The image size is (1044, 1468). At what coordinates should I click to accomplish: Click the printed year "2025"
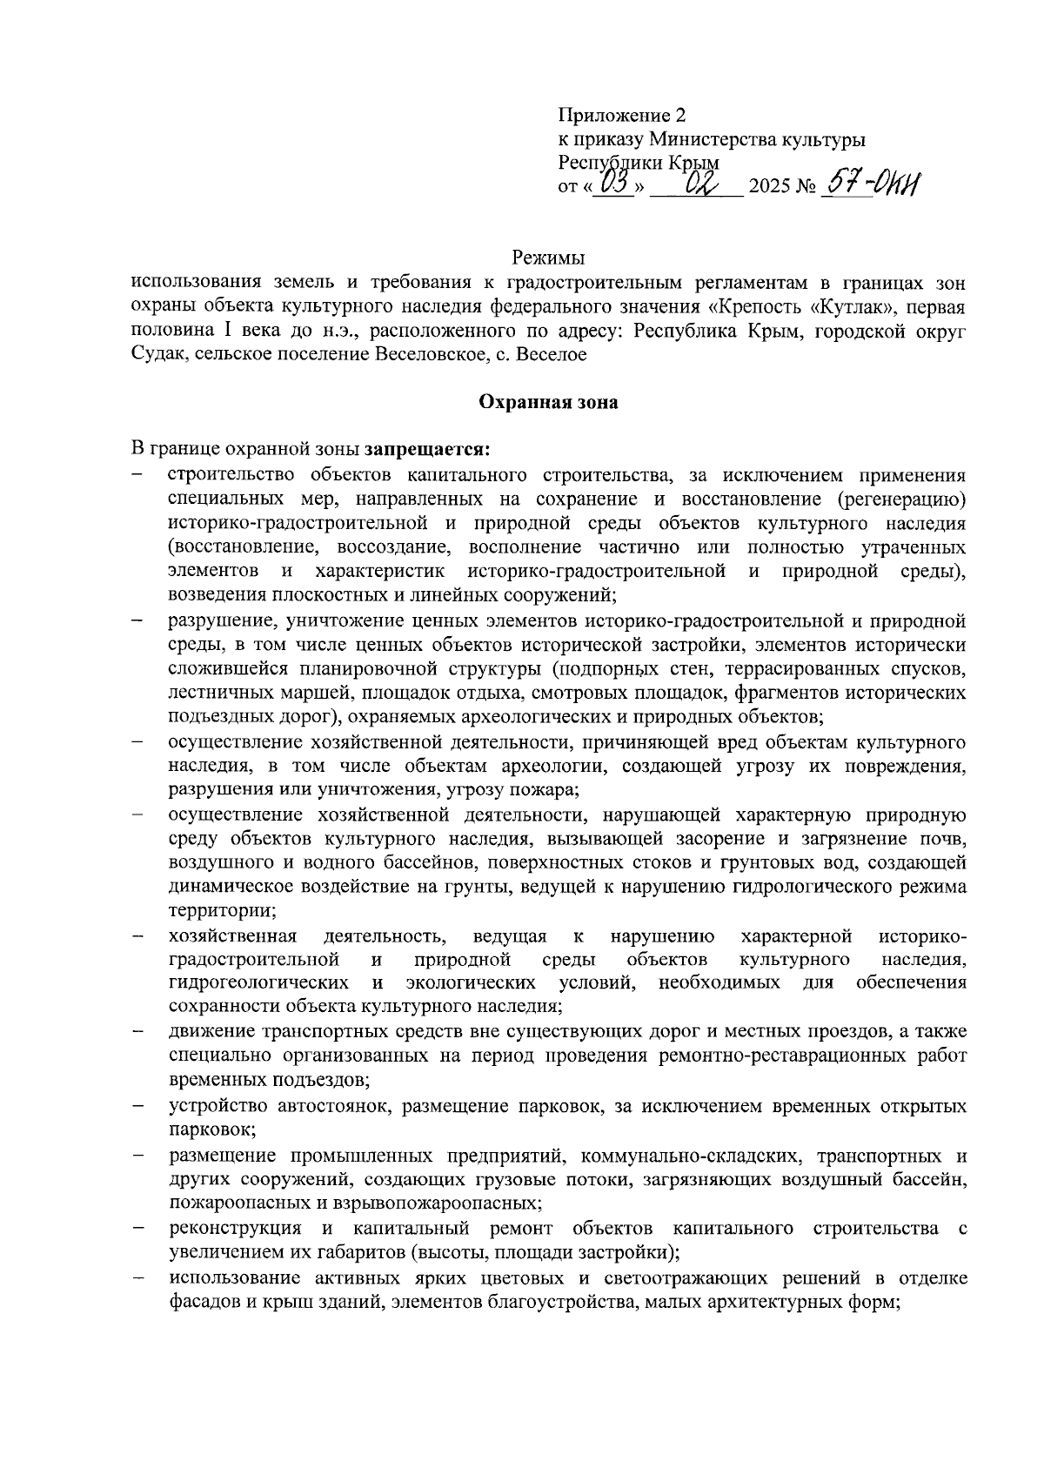click(768, 187)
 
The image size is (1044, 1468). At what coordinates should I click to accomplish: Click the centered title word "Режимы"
click(548, 258)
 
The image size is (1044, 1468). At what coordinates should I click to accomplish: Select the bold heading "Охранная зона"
click(548, 402)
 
